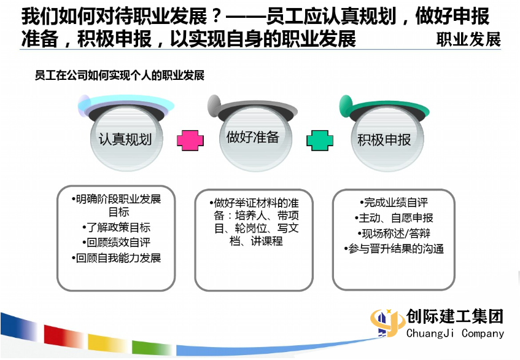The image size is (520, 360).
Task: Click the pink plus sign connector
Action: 190,140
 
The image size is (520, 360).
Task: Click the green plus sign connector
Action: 320,140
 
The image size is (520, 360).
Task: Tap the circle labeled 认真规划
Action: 126,139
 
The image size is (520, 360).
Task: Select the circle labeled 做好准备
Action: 255,139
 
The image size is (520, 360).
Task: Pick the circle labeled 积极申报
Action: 387,139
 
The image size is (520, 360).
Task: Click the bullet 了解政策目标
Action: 116,228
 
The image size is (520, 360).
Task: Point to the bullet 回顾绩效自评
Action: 116,243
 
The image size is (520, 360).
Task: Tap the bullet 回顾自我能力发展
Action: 116,258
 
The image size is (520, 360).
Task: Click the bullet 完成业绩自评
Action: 394,202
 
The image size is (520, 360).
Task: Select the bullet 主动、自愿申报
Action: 394,218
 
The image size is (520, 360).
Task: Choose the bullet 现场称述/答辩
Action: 394,233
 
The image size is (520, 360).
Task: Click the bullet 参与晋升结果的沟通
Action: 394,249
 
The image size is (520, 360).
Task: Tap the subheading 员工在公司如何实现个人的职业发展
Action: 119,76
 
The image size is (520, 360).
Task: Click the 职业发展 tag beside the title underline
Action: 468,39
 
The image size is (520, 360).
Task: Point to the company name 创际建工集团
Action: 455,316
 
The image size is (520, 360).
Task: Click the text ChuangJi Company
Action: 455,333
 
